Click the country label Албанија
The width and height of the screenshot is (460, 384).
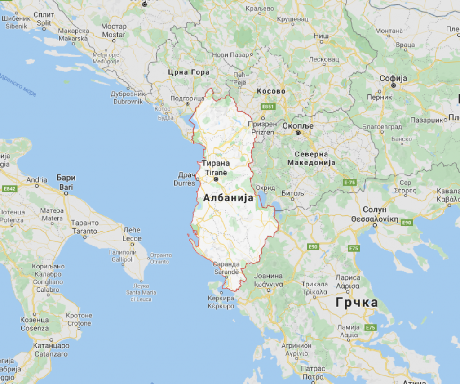[x=228, y=198]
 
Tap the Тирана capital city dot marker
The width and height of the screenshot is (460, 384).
[x=216, y=179]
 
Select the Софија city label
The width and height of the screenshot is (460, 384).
[x=393, y=78]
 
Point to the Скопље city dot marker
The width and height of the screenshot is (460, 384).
[x=297, y=133]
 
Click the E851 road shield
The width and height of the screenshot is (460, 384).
[x=268, y=107]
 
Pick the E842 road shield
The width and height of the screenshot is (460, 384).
[x=9, y=189]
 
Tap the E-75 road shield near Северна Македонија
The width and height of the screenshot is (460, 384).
[x=349, y=182]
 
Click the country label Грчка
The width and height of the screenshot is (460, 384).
[x=357, y=303]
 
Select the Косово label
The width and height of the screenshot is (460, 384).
[x=271, y=91]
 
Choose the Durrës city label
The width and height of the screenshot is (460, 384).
[x=185, y=183]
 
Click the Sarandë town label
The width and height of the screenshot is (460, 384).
[x=226, y=272]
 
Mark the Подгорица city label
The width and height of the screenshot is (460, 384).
[x=188, y=98]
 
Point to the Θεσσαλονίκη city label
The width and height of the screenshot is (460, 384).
[x=375, y=219]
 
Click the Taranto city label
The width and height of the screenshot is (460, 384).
[x=84, y=231]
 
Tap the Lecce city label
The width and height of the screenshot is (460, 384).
[x=132, y=238]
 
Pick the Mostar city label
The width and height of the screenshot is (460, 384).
[x=114, y=35]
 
